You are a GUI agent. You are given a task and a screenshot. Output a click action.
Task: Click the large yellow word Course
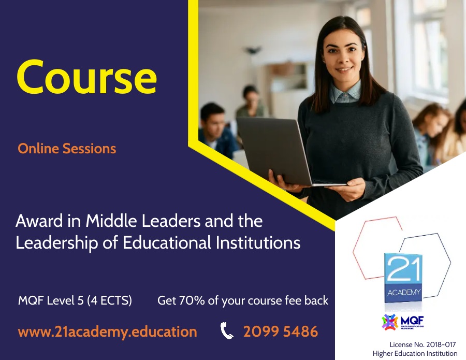click(x=86, y=77)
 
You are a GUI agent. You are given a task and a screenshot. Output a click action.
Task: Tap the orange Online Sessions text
click(x=67, y=149)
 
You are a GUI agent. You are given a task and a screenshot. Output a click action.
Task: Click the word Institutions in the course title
click(x=258, y=242)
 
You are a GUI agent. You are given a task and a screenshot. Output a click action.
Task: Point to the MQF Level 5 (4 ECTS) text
click(x=75, y=300)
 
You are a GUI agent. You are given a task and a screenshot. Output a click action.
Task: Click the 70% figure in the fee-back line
click(x=192, y=300)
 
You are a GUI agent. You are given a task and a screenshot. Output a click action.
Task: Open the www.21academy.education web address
click(x=107, y=332)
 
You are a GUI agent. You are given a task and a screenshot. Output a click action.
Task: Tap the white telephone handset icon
click(x=227, y=330)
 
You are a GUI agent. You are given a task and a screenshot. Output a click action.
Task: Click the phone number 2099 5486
click(x=281, y=332)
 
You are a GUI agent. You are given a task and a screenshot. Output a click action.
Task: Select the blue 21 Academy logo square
click(x=403, y=278)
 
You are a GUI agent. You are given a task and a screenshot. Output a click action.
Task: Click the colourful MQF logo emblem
click(x=389, y=322)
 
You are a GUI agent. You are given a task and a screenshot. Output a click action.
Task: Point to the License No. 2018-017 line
click(x=423, y=344)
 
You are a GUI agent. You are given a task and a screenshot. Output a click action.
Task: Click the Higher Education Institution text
click(x=415, y=353)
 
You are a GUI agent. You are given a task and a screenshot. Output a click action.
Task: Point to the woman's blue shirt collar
click(x=345, y=92)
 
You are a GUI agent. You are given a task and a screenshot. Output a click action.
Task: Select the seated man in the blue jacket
click(x=215, y=129)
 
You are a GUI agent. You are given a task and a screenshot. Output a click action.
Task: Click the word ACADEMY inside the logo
click(x=403, y=293)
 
